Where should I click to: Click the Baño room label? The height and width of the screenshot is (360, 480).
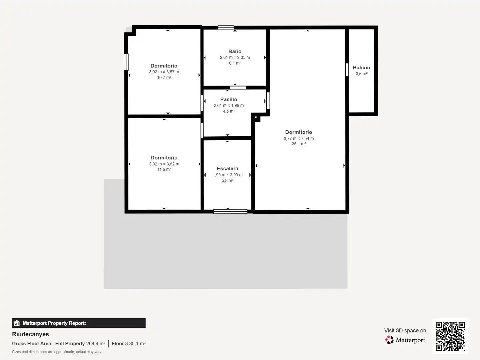click(235, 51)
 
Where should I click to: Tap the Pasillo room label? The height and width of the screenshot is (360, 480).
click(229, 99)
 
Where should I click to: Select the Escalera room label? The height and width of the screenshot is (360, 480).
click(227, 169)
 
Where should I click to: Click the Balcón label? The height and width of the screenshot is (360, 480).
click(361, 68)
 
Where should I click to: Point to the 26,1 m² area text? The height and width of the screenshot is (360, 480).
click(299, 144)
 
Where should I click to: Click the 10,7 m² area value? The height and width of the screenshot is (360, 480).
click(164, 77)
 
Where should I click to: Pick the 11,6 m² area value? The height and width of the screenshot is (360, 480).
click(164, 169)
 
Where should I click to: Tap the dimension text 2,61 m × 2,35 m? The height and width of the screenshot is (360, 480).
click(235, 57)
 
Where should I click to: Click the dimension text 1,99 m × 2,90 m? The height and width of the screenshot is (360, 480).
click(228, 175)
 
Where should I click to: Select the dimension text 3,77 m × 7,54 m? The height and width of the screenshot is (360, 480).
click(299, 138)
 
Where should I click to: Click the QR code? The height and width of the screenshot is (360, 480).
click(450, 336)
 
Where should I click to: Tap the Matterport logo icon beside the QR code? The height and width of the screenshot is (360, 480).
click(389, 340)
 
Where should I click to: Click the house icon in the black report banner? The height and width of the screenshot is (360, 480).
click(17, 323)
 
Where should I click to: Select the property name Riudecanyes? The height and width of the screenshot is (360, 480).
click(30, 334)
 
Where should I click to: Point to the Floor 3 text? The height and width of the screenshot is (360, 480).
click(120, 344)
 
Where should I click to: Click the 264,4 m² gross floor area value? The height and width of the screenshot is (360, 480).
click(96, 344)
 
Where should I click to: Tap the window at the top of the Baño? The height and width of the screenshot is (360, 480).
click(226, 28)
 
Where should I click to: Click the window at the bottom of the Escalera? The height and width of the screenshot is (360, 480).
click(230, 211)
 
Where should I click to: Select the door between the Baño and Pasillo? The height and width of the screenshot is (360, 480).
click(238, 88)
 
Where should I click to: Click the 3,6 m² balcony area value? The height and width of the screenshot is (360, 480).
click(361, 74)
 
